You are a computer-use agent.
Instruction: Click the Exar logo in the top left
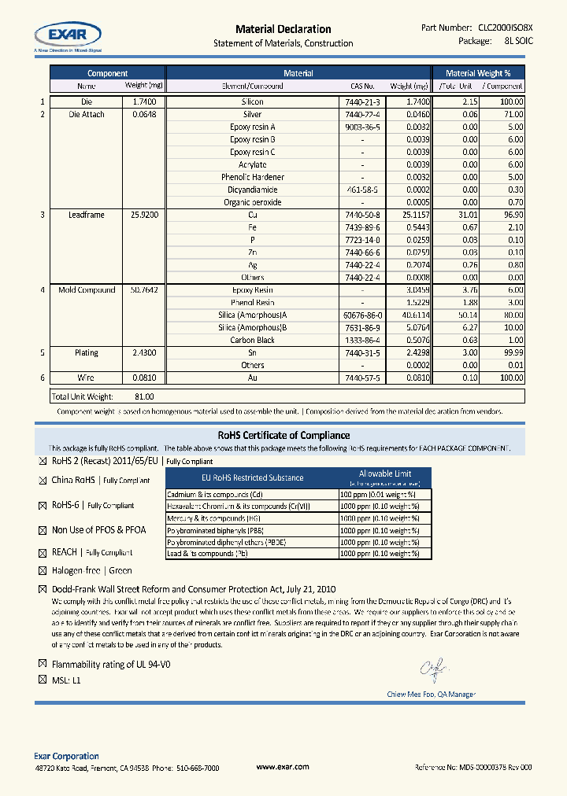coord(67,35)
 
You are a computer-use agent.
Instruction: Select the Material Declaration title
coord(283,29)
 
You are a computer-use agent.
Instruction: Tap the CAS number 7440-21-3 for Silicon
coord(362,102)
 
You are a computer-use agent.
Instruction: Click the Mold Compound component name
coord(87,290)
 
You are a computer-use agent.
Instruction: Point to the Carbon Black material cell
coord(252,341)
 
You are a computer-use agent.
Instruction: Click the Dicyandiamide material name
coord(252,190)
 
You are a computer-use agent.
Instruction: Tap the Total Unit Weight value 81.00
coord(144,397)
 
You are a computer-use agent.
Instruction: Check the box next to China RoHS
coord(43,481)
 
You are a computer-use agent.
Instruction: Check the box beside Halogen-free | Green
coord(43,571)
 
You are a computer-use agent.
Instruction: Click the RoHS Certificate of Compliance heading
coord(283,435)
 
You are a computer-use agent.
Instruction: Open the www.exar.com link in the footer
coord(283,767)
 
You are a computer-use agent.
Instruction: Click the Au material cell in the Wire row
coord(252,378)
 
